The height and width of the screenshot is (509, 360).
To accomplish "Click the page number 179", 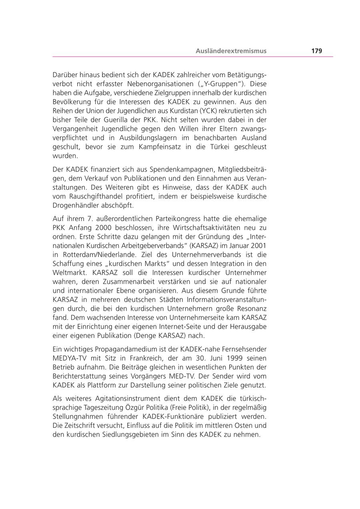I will [x=316, y=51].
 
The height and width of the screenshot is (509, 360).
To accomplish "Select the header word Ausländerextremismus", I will [x=231, y=51].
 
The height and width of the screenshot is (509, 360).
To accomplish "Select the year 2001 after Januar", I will [x=259, y=246].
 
